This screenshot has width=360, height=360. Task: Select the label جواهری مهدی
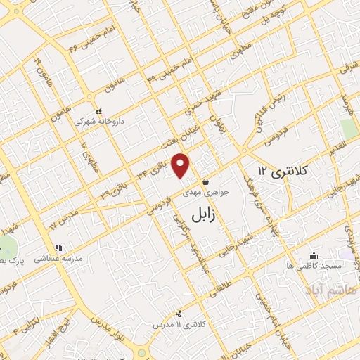(202, 191)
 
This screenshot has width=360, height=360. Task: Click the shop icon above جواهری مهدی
(205, 181)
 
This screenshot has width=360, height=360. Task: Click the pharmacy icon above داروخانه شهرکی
(99, 110)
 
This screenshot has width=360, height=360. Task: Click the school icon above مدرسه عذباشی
(58, 247)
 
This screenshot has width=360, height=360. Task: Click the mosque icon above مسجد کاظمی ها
(314, 255)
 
